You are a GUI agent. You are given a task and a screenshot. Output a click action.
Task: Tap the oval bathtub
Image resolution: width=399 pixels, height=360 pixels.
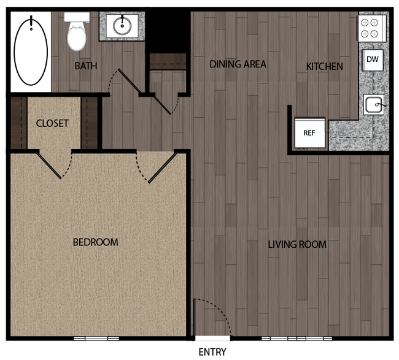point(31,51)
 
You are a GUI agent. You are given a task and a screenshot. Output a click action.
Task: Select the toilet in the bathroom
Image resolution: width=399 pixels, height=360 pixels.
point(77,36)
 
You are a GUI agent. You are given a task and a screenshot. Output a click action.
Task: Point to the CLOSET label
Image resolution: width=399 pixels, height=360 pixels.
point(52,123)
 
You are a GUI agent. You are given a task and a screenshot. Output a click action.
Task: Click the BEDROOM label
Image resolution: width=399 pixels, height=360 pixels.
point(95,242)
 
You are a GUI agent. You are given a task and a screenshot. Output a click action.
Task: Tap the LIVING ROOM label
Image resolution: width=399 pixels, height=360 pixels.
point(297,245)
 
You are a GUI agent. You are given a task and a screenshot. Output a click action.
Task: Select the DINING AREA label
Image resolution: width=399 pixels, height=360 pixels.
point(238,64)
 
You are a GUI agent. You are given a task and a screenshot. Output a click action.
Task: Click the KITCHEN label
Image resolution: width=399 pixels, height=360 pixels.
point(325,66)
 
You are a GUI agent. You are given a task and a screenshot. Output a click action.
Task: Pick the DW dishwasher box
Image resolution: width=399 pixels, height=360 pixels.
point(372,59)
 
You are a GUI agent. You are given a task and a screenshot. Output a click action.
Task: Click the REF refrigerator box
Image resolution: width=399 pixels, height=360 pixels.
point(309,132)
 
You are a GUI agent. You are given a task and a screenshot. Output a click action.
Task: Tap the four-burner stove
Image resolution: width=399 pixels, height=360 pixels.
point(371,28)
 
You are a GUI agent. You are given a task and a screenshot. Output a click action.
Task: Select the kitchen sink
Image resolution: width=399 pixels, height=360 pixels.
point(373,105)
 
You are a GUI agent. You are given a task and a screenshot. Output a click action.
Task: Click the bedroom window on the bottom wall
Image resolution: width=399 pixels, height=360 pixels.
point(96,339)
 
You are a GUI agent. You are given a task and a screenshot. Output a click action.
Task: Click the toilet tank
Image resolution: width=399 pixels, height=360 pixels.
point(77,17)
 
